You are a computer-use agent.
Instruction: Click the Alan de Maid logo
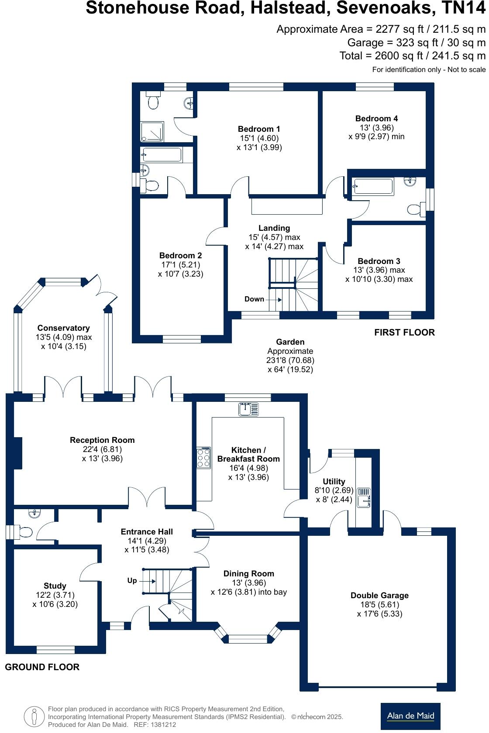tap(410, 716)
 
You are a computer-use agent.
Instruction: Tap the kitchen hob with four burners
tap(203, 457)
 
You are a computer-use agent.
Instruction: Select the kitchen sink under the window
tap(248, 409)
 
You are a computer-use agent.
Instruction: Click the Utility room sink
tap(364, 497)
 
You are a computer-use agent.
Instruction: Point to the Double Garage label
tap(379, 595)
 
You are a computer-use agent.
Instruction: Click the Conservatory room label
tap(64, 328)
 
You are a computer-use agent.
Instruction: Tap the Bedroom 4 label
tap(377, 119)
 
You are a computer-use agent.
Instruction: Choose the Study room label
tap(55, 586)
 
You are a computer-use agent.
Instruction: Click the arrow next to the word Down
tap(273, 299)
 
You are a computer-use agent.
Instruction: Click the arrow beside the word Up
tap(148, 581)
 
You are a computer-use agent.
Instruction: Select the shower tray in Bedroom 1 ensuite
tap(152, 132)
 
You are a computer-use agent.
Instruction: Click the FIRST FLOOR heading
tap(404, 332)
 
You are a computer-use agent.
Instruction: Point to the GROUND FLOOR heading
tap(42, 667)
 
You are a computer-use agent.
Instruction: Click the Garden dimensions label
tap(290, 356)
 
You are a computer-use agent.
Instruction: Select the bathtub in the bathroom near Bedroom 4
tap(373, 187)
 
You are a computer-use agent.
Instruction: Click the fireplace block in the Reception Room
tap(18, 453)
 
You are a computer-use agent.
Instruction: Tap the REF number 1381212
tap(155, 724)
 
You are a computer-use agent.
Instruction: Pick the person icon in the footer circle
tap(34, 716)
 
